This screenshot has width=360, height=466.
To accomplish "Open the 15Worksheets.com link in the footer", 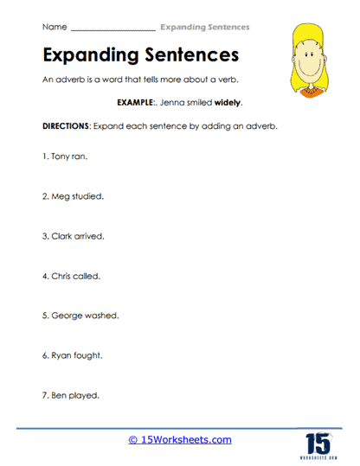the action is pyautogui.click(x=180, y=440).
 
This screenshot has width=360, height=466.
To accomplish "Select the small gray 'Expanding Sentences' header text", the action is pyautogui.click(x=205, y=27).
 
